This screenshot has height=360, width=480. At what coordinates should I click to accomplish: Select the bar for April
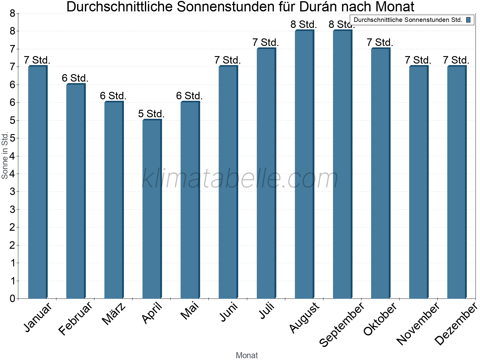152,209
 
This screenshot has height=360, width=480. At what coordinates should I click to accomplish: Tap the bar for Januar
37,182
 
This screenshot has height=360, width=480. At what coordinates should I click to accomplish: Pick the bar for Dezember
457,182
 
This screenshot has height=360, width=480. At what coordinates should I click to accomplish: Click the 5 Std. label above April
151,114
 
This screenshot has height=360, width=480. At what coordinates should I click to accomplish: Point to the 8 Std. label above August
304,25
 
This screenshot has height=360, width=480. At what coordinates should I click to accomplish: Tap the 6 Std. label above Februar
75,78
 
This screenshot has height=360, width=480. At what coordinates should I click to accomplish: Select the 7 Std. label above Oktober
380,43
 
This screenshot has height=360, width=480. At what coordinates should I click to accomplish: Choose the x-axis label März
114,314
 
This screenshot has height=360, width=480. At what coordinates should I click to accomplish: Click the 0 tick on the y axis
12,298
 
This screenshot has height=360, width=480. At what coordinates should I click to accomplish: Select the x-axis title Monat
247,355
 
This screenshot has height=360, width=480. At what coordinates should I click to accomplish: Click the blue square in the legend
468,20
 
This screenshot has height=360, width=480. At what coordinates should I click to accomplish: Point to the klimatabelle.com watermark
240,179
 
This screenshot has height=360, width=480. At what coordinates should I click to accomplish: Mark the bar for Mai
190,200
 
